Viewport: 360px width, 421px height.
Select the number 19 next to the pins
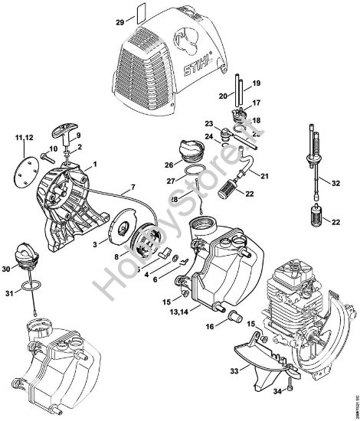click(x=257, y=82)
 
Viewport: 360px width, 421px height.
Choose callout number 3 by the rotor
click(x=94, y=243)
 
